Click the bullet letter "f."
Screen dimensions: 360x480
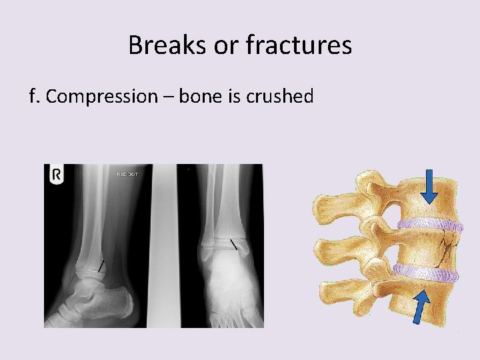(35, 97)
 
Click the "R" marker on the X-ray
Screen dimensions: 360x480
(57, 175)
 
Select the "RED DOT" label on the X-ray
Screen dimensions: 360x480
(127, 174)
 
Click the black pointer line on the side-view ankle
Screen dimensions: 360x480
(101, 266)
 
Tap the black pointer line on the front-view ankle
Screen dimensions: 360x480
(233, 245)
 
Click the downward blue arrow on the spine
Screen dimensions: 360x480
(429, 187)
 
